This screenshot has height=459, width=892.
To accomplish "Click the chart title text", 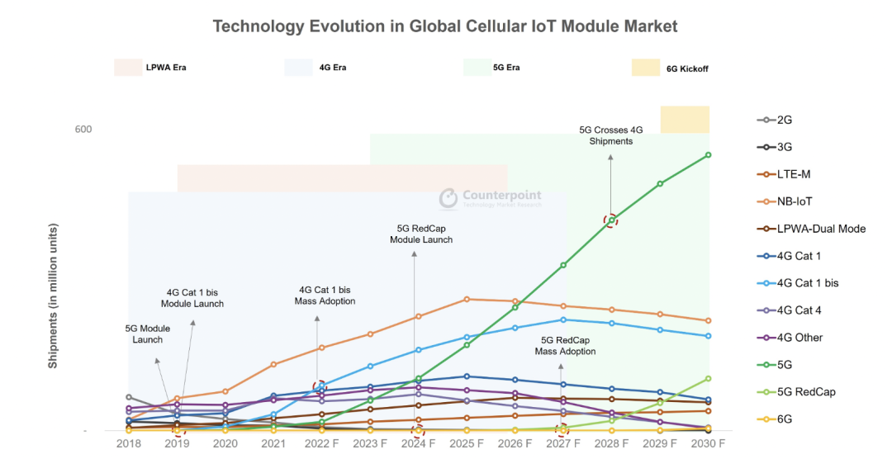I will [444, 26].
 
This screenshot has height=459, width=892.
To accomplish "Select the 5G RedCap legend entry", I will [805, 391].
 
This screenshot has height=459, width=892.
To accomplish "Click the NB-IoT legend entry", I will [800, 201].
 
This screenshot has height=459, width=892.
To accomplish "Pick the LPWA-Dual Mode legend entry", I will [820, 228].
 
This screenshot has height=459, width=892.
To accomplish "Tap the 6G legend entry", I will [784, 419].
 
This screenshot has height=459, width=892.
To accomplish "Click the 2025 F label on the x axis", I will [467, 443].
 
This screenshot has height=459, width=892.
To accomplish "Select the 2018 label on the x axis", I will [128, 443].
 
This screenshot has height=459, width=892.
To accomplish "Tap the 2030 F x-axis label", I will [708, 443].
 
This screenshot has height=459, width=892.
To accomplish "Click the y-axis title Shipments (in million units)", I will [53, 296].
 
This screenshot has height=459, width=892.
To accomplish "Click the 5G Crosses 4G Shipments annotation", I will [610, 135].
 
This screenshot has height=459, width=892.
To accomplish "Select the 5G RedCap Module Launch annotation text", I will [421, 234].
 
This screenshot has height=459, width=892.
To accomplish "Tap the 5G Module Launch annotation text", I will [148, 334].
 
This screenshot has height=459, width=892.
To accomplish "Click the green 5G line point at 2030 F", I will [709, 154].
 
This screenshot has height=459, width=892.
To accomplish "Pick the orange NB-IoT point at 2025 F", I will [467, 299].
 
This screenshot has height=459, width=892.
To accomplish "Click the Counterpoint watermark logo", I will [448, 198].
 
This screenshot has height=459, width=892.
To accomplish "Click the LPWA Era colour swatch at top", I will [128, 68].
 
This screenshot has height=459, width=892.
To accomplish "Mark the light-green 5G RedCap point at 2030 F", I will [709, 379].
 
